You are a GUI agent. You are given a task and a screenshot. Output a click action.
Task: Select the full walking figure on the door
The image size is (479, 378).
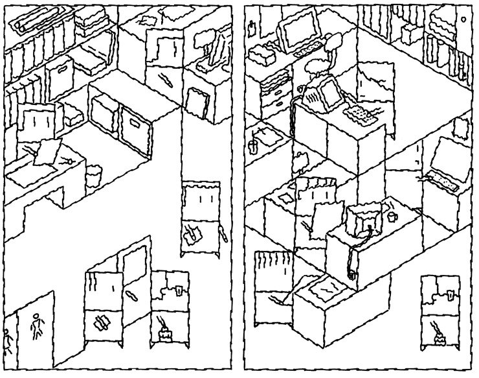(x=36, y=322)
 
